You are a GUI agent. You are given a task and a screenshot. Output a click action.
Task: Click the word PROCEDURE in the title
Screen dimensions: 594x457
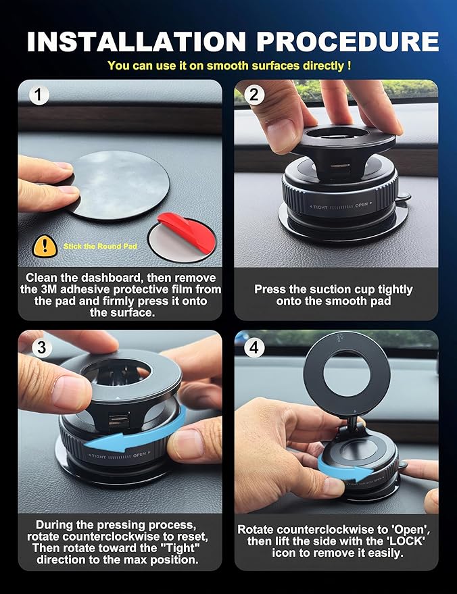point(347,41)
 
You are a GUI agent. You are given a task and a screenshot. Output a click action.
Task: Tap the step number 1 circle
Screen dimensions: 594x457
point(40,95)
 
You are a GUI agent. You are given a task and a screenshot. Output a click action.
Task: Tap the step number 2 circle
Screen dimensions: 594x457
point(254,95)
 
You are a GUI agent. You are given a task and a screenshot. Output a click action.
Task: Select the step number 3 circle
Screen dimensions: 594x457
point(40,348)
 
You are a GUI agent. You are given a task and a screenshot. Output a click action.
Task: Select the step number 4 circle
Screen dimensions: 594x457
point(254,348)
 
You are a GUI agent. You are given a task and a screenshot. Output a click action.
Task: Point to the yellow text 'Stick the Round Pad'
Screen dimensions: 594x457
point(100,247)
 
